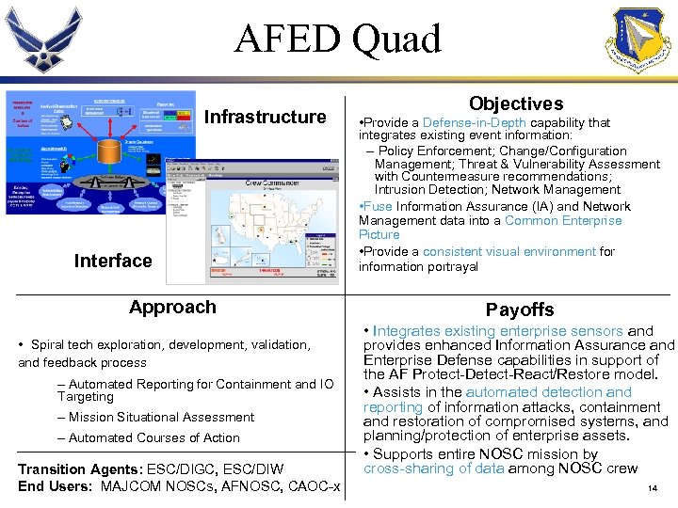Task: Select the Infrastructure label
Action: coord(265,117)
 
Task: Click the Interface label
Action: coord(113,261)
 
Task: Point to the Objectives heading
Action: coord(515,103)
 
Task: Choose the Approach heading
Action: coord(172,307)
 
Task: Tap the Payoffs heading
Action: coord(520,310)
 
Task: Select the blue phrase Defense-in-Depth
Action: coord(475,123)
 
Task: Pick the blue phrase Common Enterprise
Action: coord(563,220)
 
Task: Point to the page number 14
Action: coord(653,489)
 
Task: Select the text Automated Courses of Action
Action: coord(153,437)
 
